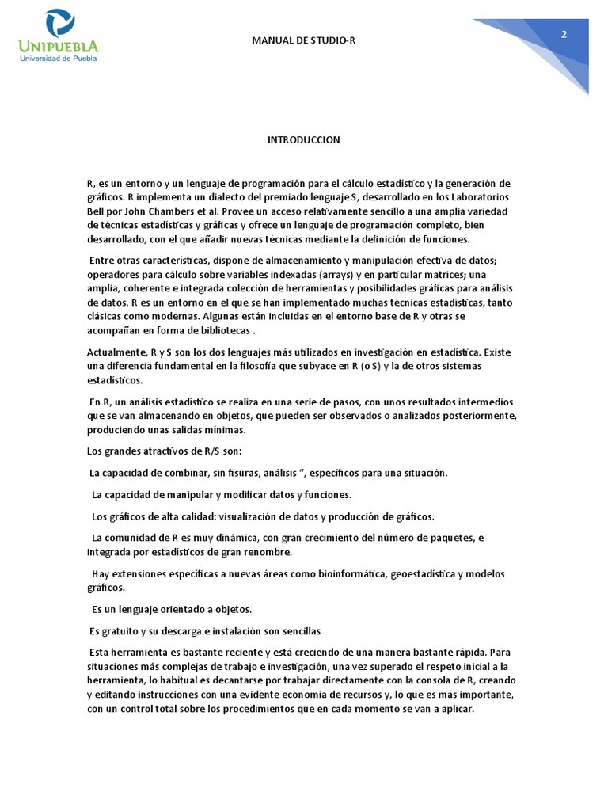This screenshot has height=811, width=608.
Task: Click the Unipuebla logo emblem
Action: point(60,24)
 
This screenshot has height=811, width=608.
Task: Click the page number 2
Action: point(564,34)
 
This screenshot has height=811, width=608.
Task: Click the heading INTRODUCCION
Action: point(303,140)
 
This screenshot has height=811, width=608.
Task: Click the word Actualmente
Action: point(116,352)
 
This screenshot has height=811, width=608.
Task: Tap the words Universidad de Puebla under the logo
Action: point(60,58)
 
